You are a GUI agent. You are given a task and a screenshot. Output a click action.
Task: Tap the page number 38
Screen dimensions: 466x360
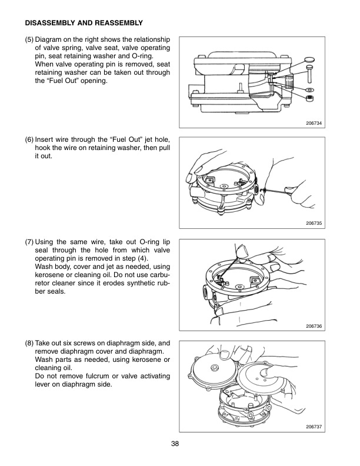(180, 444)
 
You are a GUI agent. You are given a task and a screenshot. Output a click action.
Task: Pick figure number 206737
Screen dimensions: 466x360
(316, 427)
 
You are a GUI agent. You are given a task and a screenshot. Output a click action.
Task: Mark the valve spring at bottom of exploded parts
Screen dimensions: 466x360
(309, 97)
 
